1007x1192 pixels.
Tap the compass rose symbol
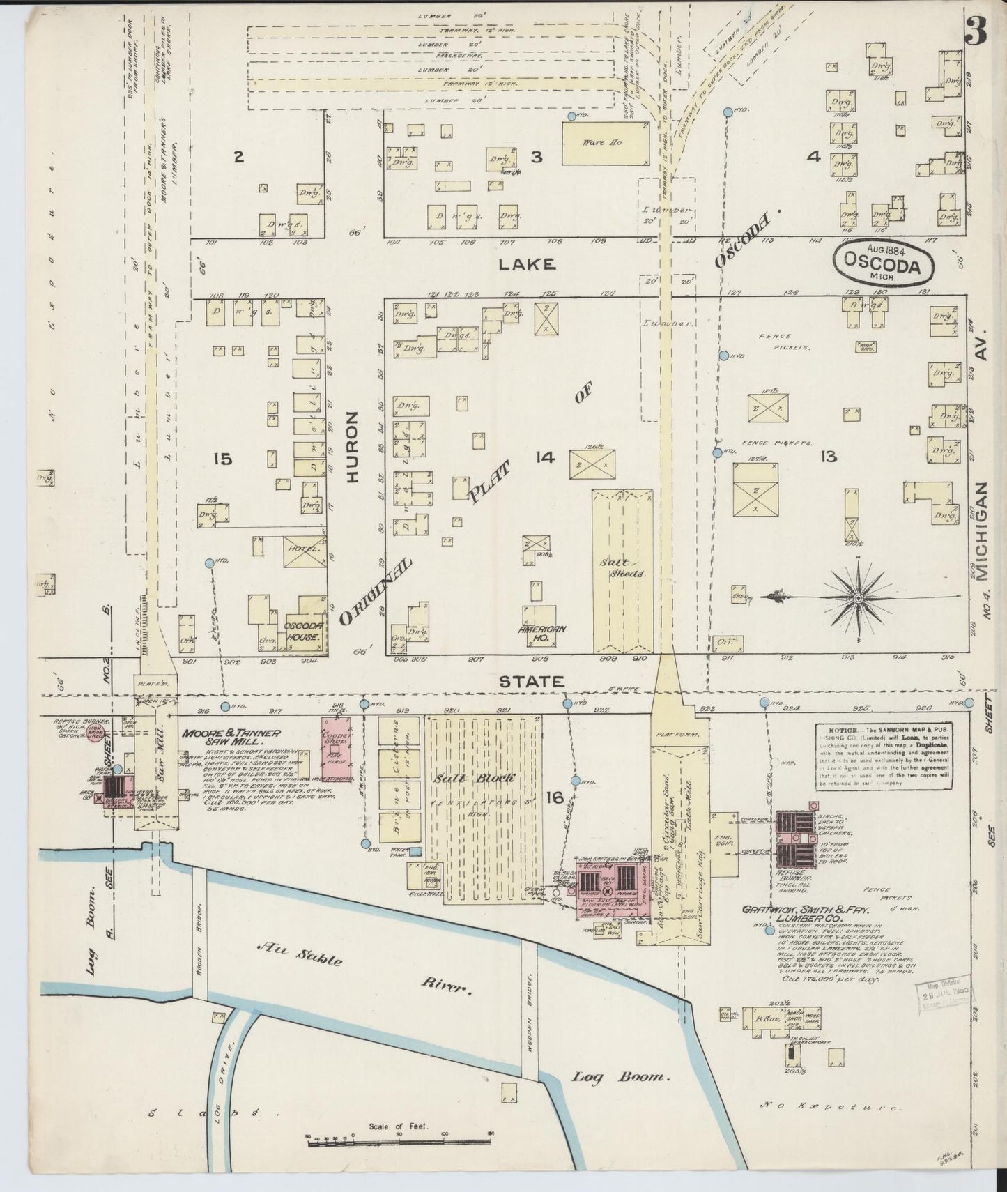[859, 598]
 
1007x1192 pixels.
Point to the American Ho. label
[541, 633]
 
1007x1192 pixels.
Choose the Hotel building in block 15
[305, 551]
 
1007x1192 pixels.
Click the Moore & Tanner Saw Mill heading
[231, 738]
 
